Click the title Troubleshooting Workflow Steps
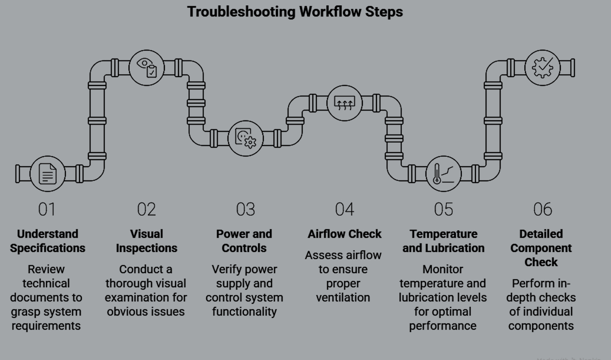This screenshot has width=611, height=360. (x=295, y=12)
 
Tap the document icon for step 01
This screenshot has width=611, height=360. (x=48, y=174)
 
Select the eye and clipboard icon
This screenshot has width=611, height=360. (x=147, y=68)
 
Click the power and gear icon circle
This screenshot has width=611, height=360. (x=246, y=139)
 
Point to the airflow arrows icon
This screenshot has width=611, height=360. (x=345, y=103)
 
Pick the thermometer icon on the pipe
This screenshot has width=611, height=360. (x=443, y=174)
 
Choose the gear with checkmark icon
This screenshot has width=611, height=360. (x=543, y=68)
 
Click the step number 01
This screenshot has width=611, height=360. (x=47, y=209)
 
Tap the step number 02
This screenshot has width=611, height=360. (x=147, y=209)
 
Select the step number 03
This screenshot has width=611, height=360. (x=245, y=209)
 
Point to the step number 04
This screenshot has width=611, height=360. (x=345, y=209)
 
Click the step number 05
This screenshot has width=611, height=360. (x=443, y=209)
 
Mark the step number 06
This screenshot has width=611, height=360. (x=543, y=209)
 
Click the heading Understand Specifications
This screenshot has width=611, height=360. (x=48, y=241)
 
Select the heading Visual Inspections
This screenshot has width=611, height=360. (x=147, y=241)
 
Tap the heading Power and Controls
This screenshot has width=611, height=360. (x=244, y=241)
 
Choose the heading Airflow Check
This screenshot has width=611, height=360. (x=345, y=234)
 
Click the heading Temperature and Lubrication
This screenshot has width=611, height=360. (x=443, y=241)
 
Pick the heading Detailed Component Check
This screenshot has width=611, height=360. (x=541, y=248)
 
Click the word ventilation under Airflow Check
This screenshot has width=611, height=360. (x=343, y=297)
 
